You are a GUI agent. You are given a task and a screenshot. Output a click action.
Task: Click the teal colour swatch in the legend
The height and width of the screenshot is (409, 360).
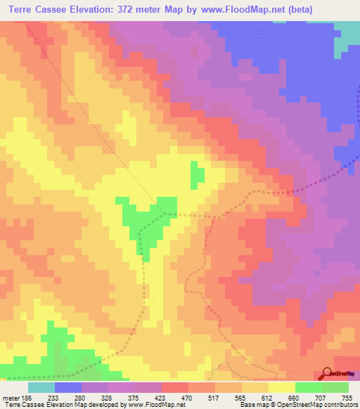coord(41,387)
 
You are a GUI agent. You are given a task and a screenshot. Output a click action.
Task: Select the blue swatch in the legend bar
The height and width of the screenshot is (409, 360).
coord(68,387)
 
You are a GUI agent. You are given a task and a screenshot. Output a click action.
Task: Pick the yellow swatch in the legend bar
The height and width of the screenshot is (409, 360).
coord(282,387)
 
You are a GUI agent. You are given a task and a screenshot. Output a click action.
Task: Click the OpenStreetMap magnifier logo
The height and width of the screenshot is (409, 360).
coord(328,373)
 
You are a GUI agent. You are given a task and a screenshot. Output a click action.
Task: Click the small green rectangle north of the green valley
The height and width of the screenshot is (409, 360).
coord(198,174)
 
